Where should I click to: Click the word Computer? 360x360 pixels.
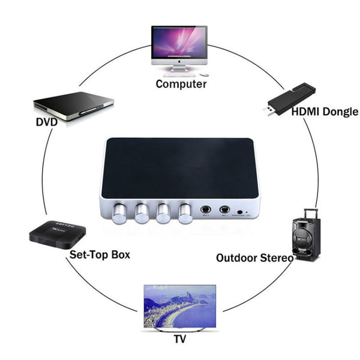point(181,84)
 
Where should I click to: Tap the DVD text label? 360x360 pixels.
point(46,122)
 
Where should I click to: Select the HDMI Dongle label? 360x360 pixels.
point(325,112)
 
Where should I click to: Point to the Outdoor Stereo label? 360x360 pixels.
point(254,258)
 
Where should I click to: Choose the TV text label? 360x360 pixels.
point(179,338)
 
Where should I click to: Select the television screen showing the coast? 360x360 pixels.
point(179,306)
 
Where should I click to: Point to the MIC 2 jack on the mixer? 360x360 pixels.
point(206,209)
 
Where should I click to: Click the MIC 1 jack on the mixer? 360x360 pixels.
point(225,209)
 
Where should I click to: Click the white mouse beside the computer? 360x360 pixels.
point(204,74)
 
